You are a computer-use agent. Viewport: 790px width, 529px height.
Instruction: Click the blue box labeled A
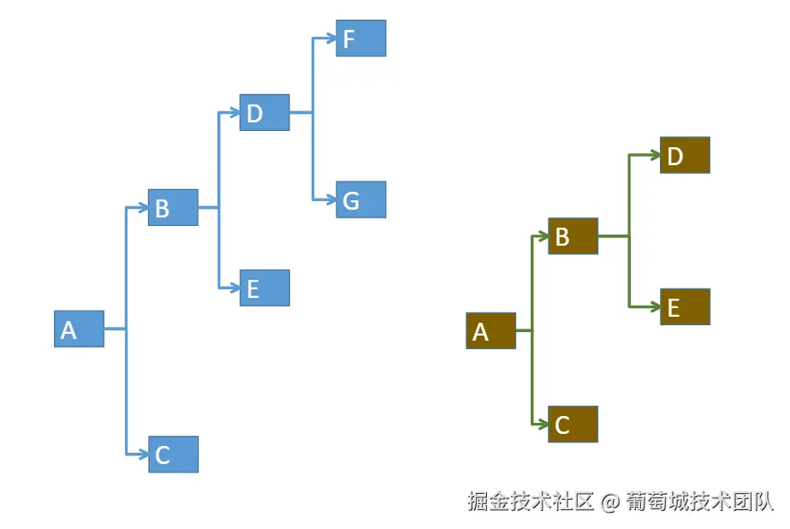pyautogui.click(x=79, y=329)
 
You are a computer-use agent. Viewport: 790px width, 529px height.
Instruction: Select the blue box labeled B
pyautogui.click(x=173, y=207)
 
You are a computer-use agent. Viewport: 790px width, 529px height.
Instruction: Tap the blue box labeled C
pyautogui.click(x=173, y=455)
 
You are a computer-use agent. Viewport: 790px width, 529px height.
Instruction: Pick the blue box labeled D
pyautogui.click(x=264, y=112)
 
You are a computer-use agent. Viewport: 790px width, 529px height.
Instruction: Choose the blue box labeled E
pyautogui.click(x=264, y=288)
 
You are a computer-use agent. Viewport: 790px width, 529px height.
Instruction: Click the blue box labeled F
pyautogui.click(x=360, y=39)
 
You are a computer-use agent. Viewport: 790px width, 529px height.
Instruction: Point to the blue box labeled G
pyautogui.click(x=360, y=199)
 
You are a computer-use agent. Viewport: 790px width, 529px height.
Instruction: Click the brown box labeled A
pyautogui.click(x=490, y=330)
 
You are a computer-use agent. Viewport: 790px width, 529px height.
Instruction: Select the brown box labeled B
pyautogui.click(x=573, y=235)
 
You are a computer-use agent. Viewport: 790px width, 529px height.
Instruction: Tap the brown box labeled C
pyautogui.click(x=573, y=424)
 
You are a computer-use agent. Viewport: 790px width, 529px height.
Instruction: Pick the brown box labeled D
pyautogui.click(x=685, y=155)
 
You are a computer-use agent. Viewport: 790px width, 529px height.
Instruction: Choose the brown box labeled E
pyautogui.click(x=685, y=306)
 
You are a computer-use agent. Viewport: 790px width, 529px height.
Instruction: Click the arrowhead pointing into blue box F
pyautogui.click(x=330, y=39)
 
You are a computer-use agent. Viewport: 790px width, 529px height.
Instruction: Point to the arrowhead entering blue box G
pyautogui.click(x=330, y=199)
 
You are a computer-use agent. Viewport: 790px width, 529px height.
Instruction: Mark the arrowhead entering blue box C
pyautogui.click(x=143, y=455)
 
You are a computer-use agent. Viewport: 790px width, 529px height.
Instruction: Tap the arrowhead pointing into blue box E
pyautogui.click(x=235, y=288)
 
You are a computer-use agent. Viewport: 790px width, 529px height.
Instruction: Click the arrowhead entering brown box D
pyautogui.click(x=655, y=155)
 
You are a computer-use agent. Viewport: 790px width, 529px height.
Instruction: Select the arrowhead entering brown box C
pyautogui.click(x=543, y=424)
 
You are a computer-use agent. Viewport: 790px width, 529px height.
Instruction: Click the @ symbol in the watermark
pyautogui.click(x=609, y=502)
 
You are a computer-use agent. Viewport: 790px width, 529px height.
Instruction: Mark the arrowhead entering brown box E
pyautogui.click(x=655, y=306)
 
